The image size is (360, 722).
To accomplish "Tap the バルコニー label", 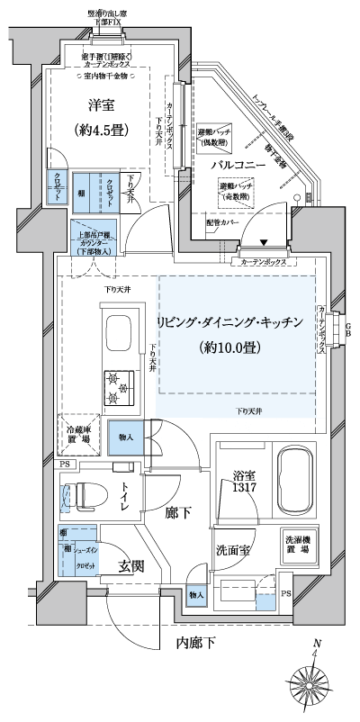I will [x=237, y=167].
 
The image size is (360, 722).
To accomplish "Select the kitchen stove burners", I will [x=121, y=387].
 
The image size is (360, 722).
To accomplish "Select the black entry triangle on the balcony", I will [x=264, y=242].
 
